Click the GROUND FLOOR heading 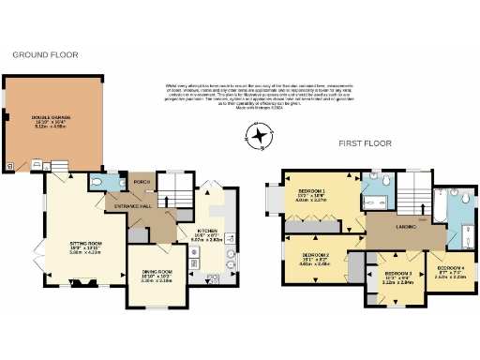37,55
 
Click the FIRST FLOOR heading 364,143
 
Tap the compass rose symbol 260,137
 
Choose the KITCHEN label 206,234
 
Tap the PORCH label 142,182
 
